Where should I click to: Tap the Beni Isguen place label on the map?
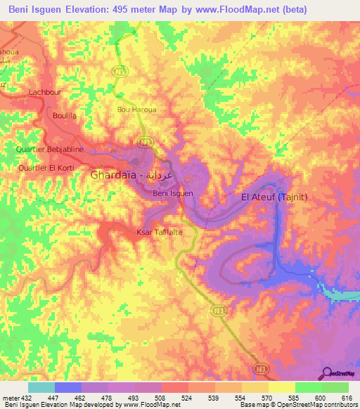tap(173, 193)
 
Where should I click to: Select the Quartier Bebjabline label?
tap(44, 150)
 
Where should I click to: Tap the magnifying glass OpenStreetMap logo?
tap(328, 373)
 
